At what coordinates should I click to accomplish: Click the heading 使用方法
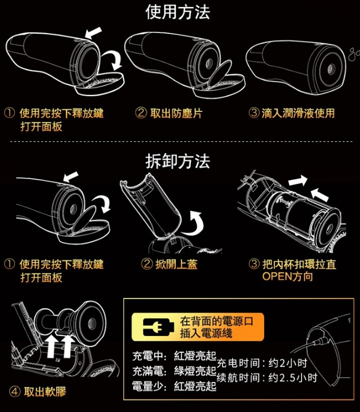[x=178, y=12]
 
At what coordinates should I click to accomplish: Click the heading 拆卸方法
[x=178, y=161]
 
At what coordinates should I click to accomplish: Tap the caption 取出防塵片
[x=176, y=113]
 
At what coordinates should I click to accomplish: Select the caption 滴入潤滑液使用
[x=298, y=113]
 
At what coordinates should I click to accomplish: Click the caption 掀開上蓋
[x=176, y=264]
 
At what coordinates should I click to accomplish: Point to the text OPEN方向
[x=288, y=276]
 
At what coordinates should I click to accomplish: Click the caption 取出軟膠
[x=45, y=392]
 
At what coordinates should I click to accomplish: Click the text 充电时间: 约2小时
[x=262, y=363]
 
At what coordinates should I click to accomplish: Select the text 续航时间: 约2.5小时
[x=267, y=378]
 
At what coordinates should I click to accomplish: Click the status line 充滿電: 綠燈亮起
[x=174, y=371]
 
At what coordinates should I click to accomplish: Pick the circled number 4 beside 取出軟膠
[x=14, y=392]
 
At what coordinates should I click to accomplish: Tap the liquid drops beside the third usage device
[x=354, y=53]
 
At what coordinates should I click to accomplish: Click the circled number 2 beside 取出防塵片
[x=141, y=113]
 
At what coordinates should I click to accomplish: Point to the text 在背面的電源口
[x=216, y=321]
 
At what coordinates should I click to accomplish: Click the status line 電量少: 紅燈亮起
[x=174, y=387]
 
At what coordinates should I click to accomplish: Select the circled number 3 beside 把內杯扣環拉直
[x=254, y=264]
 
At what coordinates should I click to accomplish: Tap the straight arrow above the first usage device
[x=93, y=32]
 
